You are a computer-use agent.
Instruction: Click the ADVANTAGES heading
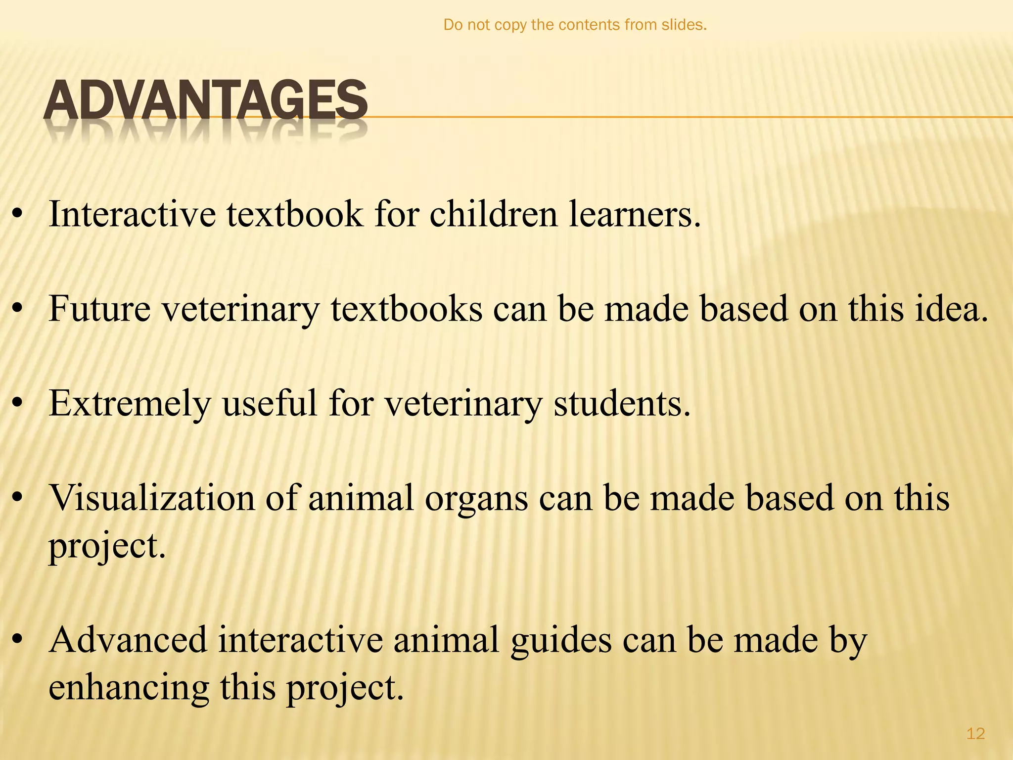click(205, 101)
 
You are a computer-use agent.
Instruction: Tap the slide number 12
click(975, 733)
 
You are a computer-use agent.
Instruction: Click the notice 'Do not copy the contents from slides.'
click(575, 25)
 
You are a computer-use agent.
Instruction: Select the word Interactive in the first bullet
click(132, 215)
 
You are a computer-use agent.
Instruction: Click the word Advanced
click(128, 640)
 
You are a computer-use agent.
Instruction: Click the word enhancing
click(129, 688)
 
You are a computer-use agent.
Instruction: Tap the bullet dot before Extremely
click(18, 404)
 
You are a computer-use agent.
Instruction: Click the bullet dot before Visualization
click(18, 498)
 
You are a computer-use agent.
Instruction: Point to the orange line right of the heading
click(692, 117)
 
